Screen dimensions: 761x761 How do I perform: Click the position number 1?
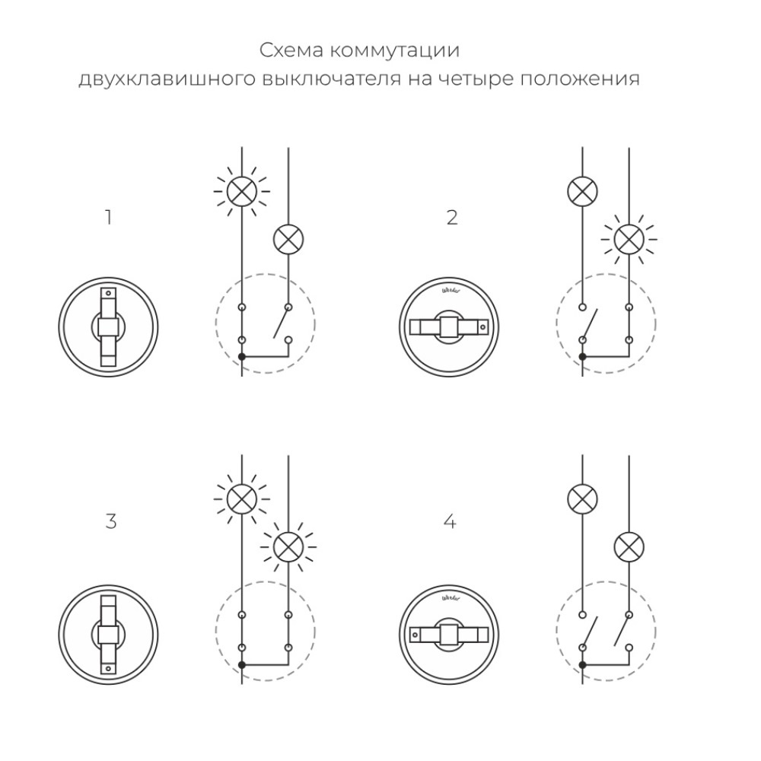pyautogui.click(x=109, y=218)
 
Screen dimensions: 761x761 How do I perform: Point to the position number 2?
pyautogui.click(x=452, y=218)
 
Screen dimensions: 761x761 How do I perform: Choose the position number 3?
pyautogui.click(x=110, y=522)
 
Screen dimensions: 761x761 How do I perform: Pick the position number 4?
pyautogui.click(x=450, y=522)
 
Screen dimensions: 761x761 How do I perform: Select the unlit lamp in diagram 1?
pyautogui.click(x=288, y=240)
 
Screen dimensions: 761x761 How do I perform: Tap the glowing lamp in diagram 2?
pyautogui.click(x=629, y=240)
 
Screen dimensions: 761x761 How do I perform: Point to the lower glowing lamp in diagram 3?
pyautogui.click(x=288, y=545)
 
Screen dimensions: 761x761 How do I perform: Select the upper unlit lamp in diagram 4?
pyautogui.click(x=582, y=499)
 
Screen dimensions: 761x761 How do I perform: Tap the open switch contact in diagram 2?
pyautogui.click(x=588, y=324)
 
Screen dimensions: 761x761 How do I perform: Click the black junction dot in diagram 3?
pyautogui.click(x=241, y=664)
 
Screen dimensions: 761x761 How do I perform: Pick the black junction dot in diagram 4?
pyautogui.click(x=582, y=664)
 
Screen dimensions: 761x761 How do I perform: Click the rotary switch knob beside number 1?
pyautogui.click(x=108, y=327)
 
